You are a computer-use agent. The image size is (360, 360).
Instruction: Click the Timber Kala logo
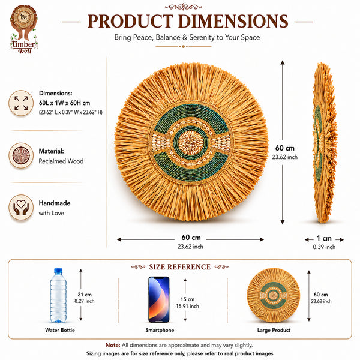point(23,29)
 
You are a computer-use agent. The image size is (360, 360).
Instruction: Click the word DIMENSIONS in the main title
point(233,22)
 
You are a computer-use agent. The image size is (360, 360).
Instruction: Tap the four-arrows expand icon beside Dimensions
point(21,103)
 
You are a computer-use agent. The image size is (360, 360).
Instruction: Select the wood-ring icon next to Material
point(21,155)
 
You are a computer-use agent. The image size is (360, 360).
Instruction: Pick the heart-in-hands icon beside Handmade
point(21,208)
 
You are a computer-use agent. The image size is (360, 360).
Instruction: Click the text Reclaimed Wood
point(61,161)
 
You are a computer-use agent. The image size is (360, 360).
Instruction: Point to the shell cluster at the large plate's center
point(191,143)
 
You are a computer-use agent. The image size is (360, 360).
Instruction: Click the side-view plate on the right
point(325,143)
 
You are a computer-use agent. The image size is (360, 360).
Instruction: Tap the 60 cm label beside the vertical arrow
point(284,148)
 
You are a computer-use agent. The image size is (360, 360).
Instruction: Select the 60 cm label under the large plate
point(191,237)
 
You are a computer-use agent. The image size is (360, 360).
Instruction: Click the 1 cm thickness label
point(324,238)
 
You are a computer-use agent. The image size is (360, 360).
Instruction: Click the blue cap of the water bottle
point(58,271)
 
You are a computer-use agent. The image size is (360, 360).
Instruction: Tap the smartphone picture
point(159,299)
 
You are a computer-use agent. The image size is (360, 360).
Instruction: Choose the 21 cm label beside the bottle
point(85,295)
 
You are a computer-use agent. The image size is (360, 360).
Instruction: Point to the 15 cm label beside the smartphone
point(187,299)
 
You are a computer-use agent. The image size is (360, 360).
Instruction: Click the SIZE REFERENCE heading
point(180,267)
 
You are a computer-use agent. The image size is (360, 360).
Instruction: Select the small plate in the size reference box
point(274,295)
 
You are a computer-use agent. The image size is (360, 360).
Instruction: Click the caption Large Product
point(274,330)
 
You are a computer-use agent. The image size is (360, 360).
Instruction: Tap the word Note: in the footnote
point(113,345)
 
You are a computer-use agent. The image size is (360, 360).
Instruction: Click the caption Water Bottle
point(60,330)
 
